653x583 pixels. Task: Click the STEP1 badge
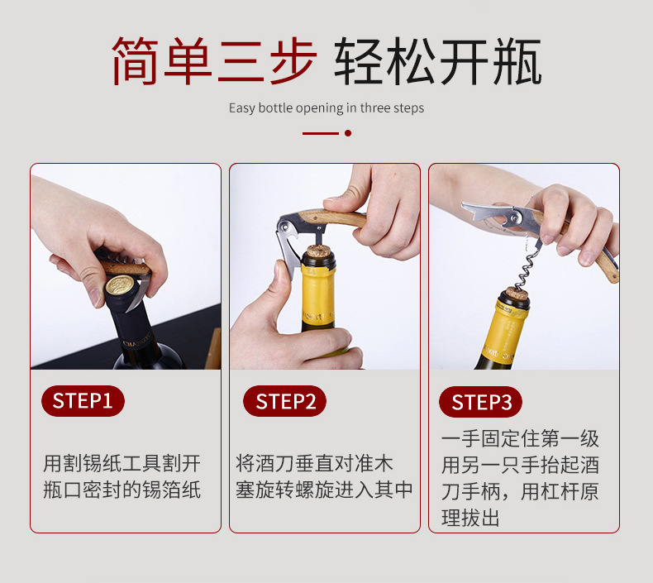click(x=83, y=401)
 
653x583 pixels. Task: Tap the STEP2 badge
click(x=285, y=401)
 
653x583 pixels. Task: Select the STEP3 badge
click(x=480, y=402)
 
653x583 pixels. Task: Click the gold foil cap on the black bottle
click(x=120, y=286)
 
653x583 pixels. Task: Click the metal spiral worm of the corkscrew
click(x=528, y=267)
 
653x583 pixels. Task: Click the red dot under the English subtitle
click(x=348, y=133)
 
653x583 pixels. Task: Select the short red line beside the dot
click(x=320, y=133)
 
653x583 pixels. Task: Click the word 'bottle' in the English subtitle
click(x=275, y=108)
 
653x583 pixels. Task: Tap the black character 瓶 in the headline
click(x=517, y=61)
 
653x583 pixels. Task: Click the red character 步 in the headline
click(x=293, y=61)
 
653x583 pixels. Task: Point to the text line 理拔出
click(x=470, y=518)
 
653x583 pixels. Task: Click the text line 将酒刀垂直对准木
click(x=314, y=463)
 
